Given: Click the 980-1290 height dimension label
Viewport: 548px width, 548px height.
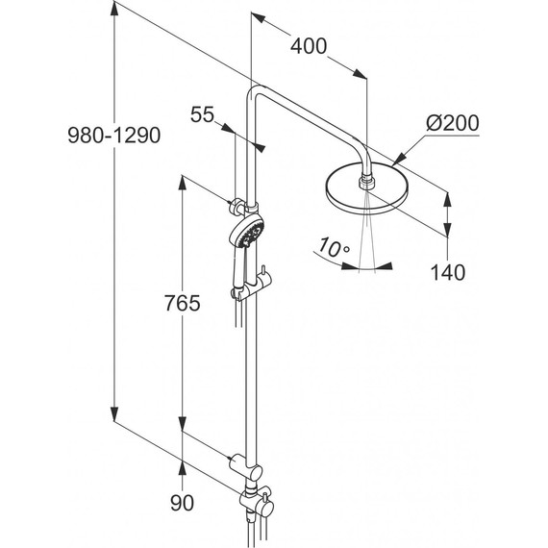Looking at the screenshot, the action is click(114, 136).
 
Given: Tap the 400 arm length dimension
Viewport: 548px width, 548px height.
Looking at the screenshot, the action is click(309, 46).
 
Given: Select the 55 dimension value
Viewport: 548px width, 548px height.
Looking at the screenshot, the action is click(202, 114).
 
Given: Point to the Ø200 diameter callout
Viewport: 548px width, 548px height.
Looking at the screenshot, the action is click(452, 123).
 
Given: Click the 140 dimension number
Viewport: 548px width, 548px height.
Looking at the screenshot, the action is click(448, 272).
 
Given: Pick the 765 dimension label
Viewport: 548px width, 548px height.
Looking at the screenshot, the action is click(183, 303).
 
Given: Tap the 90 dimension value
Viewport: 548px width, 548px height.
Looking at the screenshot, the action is click(182, 503).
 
